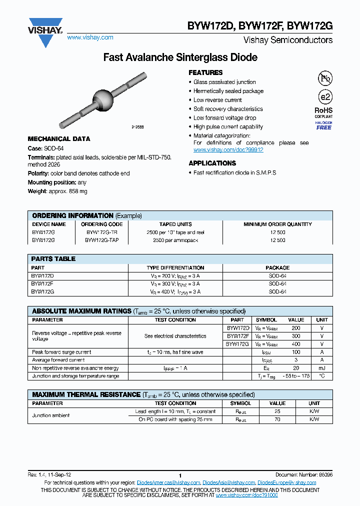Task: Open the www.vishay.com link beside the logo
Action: pyautogui.click(x=90, y=37)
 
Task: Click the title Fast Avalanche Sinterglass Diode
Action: pyautogui.click(x=180, y=57)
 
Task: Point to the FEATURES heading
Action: pyautogui.click(x=205, y=72)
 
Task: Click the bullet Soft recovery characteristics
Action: pyautogui.click(x=228, y=109)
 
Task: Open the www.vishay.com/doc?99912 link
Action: pyautogui.click(x=228, y=149)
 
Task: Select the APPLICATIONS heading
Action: pyautogui.click(x=212, y=163)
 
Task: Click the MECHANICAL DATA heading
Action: pyautogui.click(x=59, y=139)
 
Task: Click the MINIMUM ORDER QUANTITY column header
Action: pyautogui.click(x=277, y=224)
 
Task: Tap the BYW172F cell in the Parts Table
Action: pyautogui.click(x=42, y=283)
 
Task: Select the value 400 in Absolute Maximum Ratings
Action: pyautogui.click(x=296, y=344)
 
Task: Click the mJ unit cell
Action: pyautogui.click(x=322, y=368)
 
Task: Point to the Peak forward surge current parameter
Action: pyautogui.click(x=61, y=352)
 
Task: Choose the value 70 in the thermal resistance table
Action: pyautogui.click(x=277, y=419)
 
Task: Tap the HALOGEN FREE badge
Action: pyautogui.click(x=323, y=125)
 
